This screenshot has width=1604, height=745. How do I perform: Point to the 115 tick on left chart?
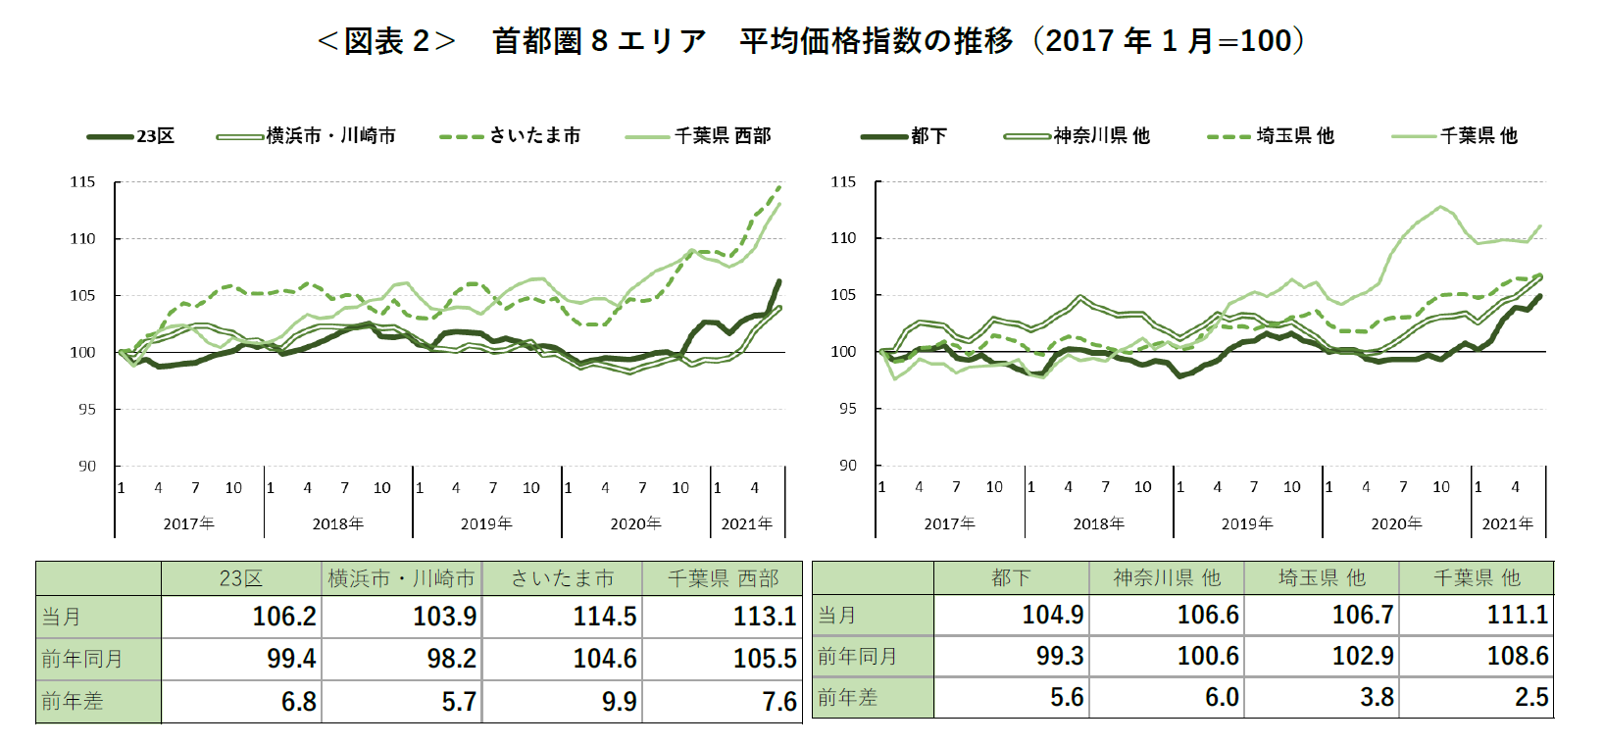click(x=82, y=182)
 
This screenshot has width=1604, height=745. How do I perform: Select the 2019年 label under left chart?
click(x=486, y=523)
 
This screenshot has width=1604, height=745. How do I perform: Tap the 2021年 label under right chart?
click(x=1507, y=523)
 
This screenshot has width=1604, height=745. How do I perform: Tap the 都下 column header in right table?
click(x=1011, y=578)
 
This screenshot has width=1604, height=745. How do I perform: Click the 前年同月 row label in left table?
click(x=82, y=659)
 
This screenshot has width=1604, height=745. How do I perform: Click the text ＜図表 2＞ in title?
click(x=386, y=41)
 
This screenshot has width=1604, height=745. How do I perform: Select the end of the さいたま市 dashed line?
click(x=780, y=186)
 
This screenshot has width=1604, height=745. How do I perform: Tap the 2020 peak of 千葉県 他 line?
click(x=1440, y=207)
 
